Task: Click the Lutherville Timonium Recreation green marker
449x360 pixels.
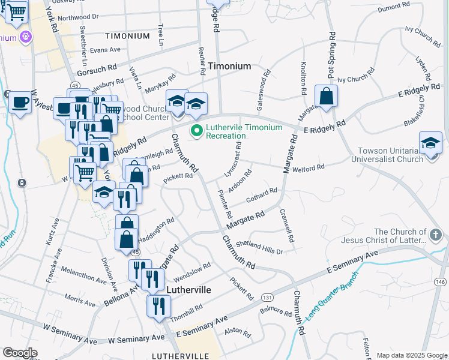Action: tap(196, 130)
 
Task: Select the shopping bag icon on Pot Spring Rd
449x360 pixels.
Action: tap(326, 96)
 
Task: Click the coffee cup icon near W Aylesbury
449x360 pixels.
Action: tap(20, 103)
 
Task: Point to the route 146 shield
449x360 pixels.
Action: tap(441, 281)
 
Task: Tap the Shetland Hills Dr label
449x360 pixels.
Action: tap(259, 247)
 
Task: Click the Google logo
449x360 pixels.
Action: tap(20, 353)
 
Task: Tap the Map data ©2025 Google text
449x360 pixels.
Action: tap(411, 355)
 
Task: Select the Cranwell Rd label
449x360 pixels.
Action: tap(286, 226)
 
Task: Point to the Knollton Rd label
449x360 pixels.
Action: tap(304, 81)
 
